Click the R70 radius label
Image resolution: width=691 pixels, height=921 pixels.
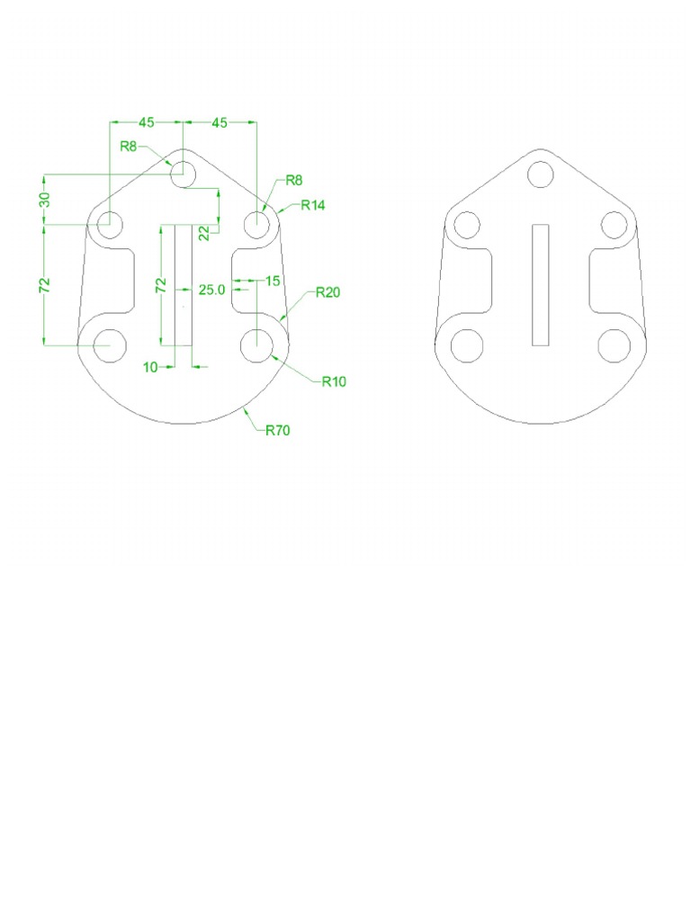point(277,431)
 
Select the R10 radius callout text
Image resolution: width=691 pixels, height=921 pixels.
point(334,381)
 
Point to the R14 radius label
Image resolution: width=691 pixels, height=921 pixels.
point(312,205)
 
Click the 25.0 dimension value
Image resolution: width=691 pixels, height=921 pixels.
point(211,290)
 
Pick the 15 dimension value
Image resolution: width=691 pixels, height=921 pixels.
point(272,281)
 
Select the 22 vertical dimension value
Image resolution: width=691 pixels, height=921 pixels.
point(204,233)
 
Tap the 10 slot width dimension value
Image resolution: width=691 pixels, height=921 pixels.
point(150,367)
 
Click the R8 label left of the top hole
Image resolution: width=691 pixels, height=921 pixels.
point(129,147)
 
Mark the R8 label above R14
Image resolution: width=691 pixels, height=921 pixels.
point(293,181)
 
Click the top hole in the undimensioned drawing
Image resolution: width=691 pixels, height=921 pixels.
point(541,174)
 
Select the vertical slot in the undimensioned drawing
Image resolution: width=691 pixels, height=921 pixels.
point(541,284)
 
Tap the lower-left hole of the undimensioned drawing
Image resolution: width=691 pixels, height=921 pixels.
point(467,345)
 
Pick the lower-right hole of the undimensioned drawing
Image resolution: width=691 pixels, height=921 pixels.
point(615,345)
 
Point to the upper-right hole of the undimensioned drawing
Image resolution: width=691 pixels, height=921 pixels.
point(615,225)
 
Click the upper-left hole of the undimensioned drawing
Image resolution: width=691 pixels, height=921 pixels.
point(467,225)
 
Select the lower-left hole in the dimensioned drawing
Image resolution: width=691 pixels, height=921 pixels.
point(111,344)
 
